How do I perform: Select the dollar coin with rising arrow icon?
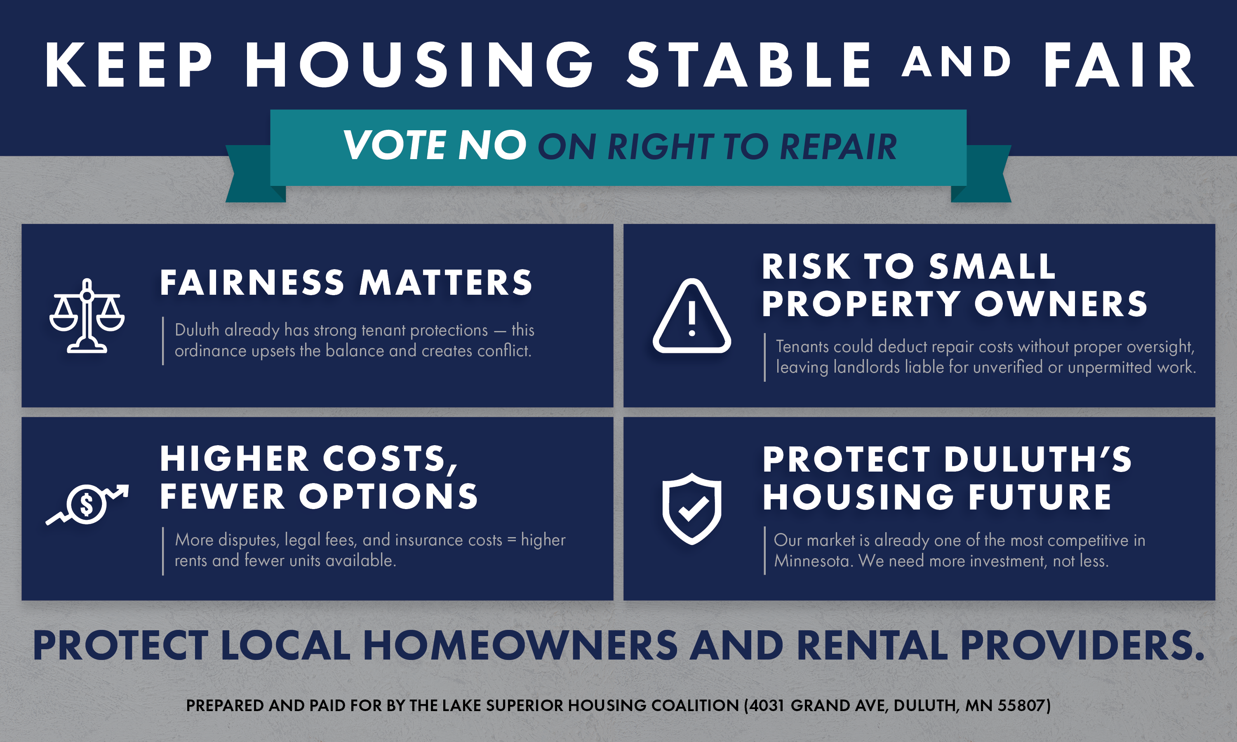point(87,504)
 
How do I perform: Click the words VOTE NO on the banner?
point(435,145)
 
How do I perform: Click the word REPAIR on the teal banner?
point(838,147)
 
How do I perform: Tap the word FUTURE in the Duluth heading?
point(1040,497)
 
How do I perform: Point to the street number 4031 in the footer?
point(767,705)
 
